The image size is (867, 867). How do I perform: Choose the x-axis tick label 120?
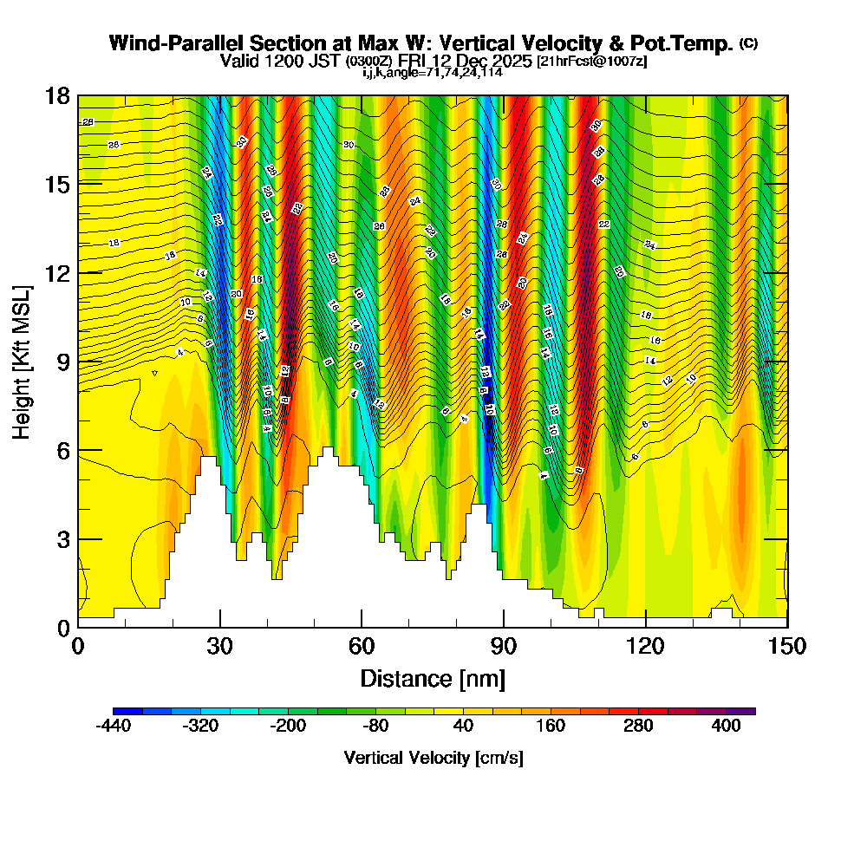point(646,646)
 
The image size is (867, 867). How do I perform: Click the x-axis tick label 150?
point(787,646)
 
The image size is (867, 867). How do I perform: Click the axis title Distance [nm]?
point(433,677)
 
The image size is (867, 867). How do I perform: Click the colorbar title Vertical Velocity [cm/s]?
point(433,758)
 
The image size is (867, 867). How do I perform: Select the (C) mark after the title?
point(748,42)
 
